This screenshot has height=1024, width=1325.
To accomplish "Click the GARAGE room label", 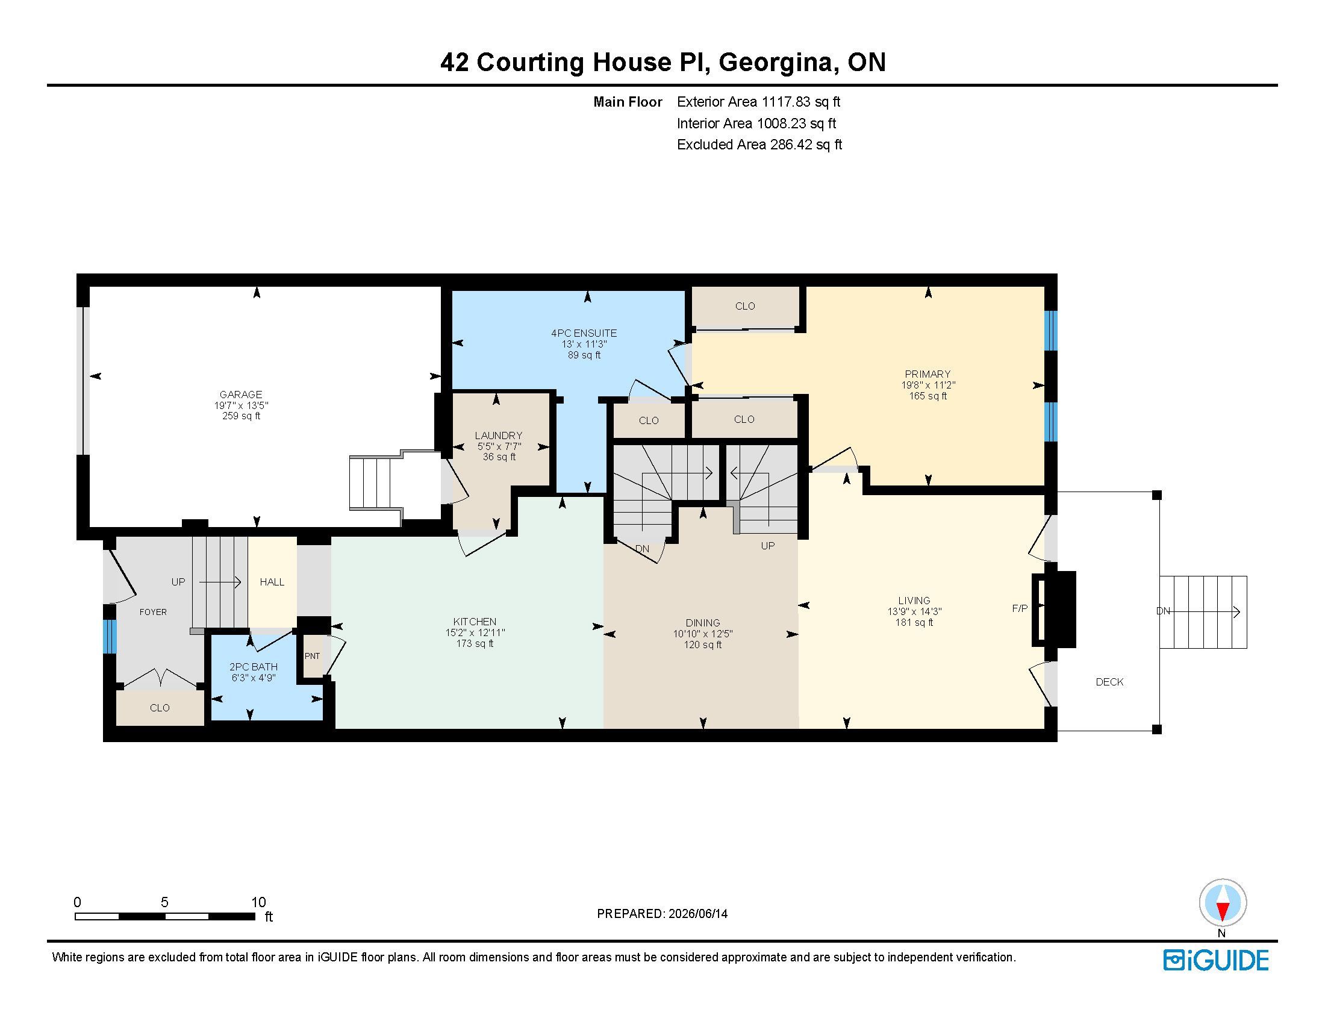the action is click(241, 395).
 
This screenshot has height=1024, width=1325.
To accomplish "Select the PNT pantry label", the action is click(312, 656).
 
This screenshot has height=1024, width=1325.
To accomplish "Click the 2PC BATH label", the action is click(253, 667).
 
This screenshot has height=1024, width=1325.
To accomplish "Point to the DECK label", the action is click(1109, 682).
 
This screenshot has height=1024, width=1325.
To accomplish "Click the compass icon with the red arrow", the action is click(1223, 902).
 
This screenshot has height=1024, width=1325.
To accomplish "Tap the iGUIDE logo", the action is click(1216, 960).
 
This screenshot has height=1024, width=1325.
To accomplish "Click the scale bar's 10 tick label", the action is click(258, 902).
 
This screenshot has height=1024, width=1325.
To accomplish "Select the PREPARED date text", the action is click(662, 914).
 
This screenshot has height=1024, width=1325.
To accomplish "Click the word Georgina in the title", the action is click(775, 63).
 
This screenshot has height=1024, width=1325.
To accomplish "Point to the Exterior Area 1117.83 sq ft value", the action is click(758, 102).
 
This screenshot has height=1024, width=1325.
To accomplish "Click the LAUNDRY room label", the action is click(499, 436).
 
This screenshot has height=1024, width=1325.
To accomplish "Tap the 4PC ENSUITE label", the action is click(584, 333).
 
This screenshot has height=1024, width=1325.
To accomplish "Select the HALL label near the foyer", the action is click(272, 582).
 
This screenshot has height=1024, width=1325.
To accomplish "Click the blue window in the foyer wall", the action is click(109, 636).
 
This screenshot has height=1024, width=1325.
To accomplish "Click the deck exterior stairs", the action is click(1203, 611).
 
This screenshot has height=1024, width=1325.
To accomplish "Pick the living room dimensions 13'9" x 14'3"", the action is click(914, 612).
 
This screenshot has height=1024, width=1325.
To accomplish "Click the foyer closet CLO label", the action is click(160, 708).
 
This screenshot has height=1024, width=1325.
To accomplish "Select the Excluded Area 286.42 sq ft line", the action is click(759, 145).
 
